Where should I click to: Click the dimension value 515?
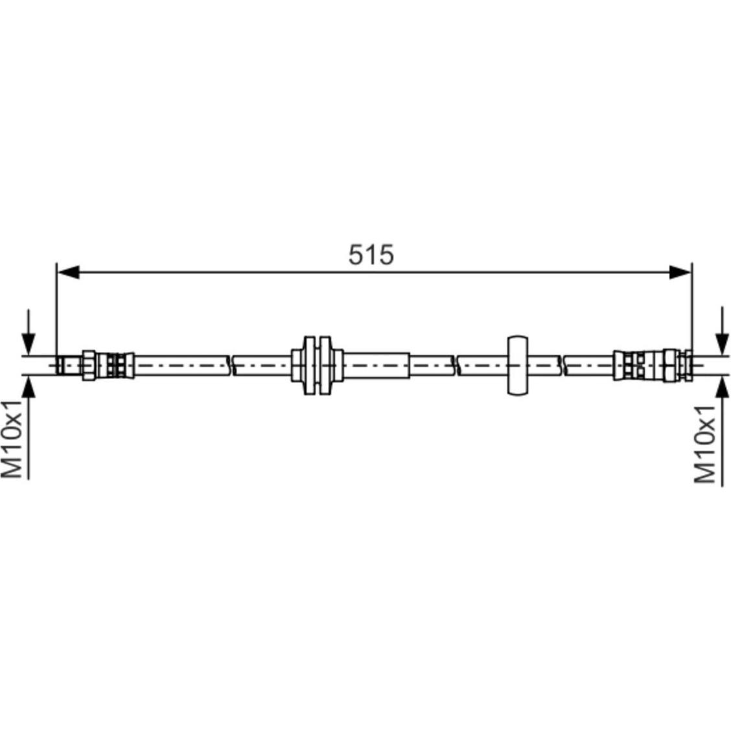371,255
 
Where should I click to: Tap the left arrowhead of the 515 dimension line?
68,272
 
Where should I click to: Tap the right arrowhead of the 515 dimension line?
680,272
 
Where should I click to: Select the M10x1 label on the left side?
12,439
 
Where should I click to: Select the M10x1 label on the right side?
705,445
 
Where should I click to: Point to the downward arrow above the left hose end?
29,332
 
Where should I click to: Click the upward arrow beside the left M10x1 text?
29,427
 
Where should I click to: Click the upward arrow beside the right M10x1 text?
723,431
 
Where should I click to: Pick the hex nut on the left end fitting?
89,365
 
